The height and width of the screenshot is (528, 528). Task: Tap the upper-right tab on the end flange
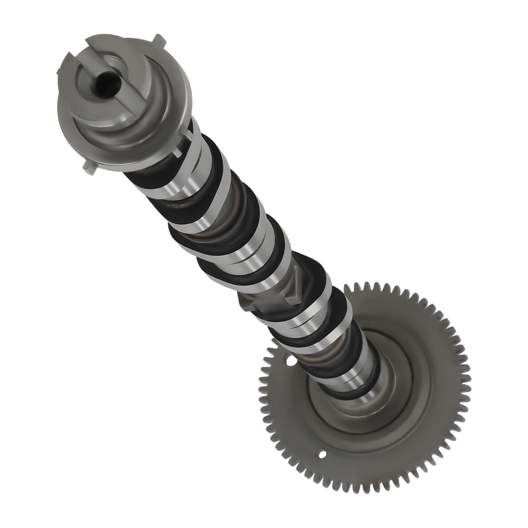(158, 40)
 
